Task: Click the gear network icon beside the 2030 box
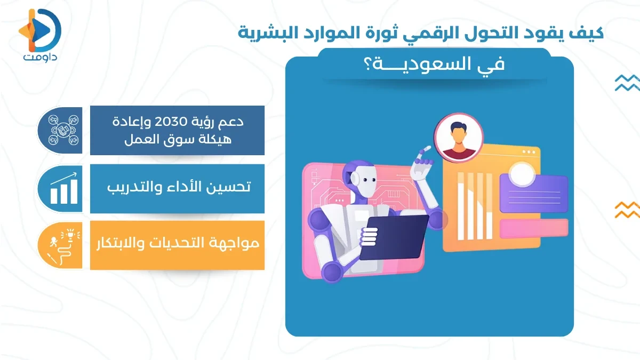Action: (x=63, y=130)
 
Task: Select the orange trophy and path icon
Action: (x=63, y=245)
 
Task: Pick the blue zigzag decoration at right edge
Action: (x=627, y=83)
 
